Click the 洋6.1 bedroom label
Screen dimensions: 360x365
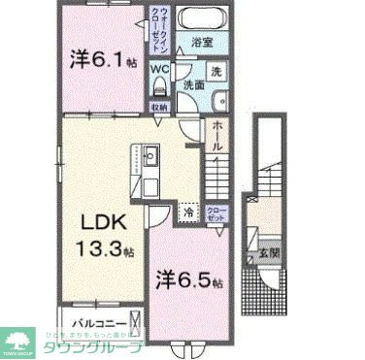102,60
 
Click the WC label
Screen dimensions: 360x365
160,69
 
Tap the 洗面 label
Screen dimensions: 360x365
193,85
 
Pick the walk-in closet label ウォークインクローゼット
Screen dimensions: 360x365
161,35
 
